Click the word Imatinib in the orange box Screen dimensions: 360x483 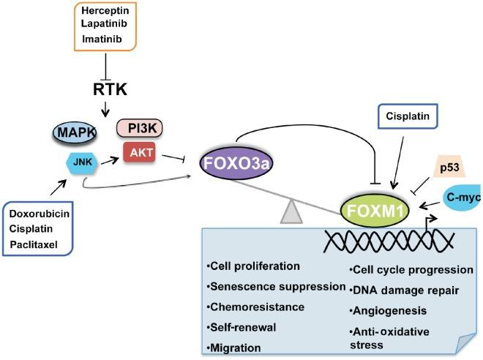(x=108, y=38)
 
